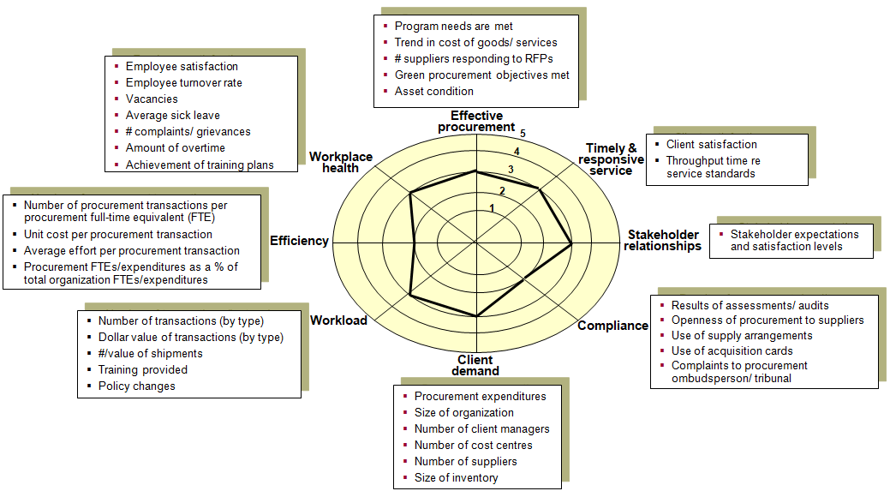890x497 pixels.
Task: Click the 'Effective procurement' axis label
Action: point(476,122)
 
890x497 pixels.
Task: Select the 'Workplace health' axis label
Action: point(341,162)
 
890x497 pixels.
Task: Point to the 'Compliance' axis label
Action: point(612,326)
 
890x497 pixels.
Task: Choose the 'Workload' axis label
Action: point(338,320)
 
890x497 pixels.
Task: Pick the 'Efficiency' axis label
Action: point(299,241)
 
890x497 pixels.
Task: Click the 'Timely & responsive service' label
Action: point(611,159)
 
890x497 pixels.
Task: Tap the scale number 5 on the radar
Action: point(523,134)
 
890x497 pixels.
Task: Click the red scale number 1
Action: point(492,208)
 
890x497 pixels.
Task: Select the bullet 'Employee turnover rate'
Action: point(183,83)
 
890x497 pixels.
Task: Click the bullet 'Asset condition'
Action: point(433,92)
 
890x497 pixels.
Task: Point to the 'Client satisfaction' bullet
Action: point(711,145)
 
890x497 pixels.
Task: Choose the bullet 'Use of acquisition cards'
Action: point(732,350)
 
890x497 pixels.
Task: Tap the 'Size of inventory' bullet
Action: point(456,477)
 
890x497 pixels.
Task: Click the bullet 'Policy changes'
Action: point(136,386)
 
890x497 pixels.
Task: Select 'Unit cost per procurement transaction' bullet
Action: point(118,234)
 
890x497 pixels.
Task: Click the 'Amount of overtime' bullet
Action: point(175,148)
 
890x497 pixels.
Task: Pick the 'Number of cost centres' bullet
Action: point(473,445)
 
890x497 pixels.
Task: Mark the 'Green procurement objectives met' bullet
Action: point(481,75)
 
